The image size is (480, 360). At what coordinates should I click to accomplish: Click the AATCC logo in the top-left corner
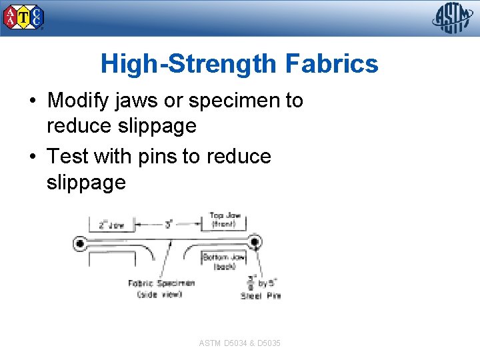click(24, 17)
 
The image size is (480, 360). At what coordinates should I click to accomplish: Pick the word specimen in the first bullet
click(235, 101)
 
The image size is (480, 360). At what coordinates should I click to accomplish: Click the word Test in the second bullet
click(69, 157)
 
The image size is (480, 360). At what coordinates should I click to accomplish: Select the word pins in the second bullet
click(157, 157)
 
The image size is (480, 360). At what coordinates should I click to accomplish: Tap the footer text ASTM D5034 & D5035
click(239, 343)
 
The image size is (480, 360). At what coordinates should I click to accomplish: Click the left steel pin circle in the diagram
click(81, 243)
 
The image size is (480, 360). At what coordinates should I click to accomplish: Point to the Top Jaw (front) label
click(225, 220)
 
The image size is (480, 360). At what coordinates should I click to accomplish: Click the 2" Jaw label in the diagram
click(111, 225)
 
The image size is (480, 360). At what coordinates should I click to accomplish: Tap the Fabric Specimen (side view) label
click(161, 289)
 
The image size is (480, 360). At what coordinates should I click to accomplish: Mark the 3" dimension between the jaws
click(169, 225)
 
